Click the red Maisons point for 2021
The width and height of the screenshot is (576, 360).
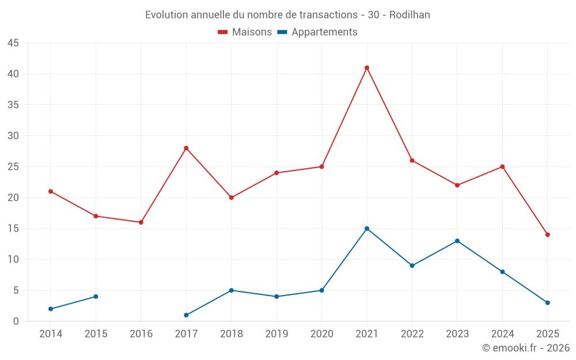coord(367,68)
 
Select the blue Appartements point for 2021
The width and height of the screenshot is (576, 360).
coord(367,229)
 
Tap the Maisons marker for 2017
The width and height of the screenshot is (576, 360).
coord(186,148)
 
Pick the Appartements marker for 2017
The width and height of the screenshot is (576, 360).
coord(186,315)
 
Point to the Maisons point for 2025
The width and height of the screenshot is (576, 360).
coord(547,234)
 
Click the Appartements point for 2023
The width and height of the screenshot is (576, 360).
coord(457,241)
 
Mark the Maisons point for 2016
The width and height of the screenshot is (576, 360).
coord(141,222)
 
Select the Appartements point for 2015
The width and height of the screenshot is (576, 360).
coord(96,297)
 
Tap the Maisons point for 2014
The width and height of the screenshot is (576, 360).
coord(51,191)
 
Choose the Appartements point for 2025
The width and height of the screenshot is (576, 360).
coord(547,302)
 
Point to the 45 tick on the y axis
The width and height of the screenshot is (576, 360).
coord(13,43)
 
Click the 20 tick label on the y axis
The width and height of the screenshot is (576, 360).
coord(13,198)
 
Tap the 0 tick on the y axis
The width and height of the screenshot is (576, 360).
coord(16,321)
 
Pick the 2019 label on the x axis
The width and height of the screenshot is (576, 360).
coord(276,334)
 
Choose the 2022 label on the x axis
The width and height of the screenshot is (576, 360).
coord(412,334)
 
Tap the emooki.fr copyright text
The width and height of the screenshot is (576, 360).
coord(526,348)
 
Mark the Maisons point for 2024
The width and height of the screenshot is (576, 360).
coord(502,166)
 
